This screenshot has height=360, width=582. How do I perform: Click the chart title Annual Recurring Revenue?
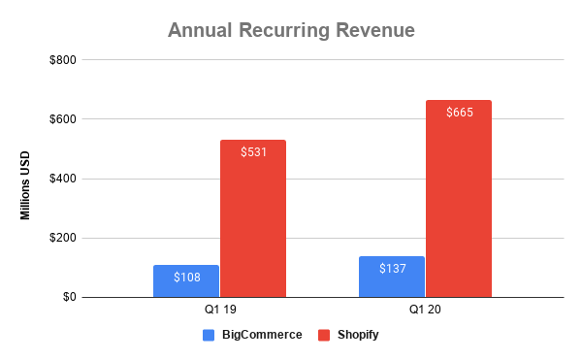click(291, 30)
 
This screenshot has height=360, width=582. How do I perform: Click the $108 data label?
click(186, 278)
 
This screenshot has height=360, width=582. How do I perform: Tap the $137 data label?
click(392, 269)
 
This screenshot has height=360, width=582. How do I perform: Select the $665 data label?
click(459, 113)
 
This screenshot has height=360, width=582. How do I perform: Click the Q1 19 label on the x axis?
click(219, 311)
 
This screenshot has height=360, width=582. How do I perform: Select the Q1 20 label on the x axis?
click(425, 311)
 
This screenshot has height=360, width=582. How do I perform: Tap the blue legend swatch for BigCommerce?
click(209, 335)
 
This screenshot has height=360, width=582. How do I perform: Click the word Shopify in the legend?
click(358, 335)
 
